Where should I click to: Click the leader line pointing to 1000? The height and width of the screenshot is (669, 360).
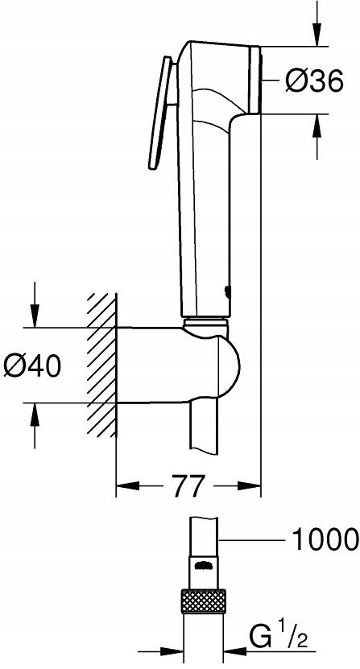250,539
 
